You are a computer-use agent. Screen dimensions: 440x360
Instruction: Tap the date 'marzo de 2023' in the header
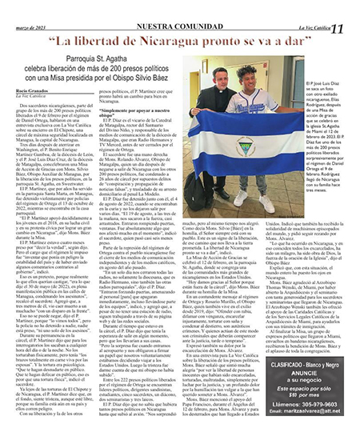coord(30,8)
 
